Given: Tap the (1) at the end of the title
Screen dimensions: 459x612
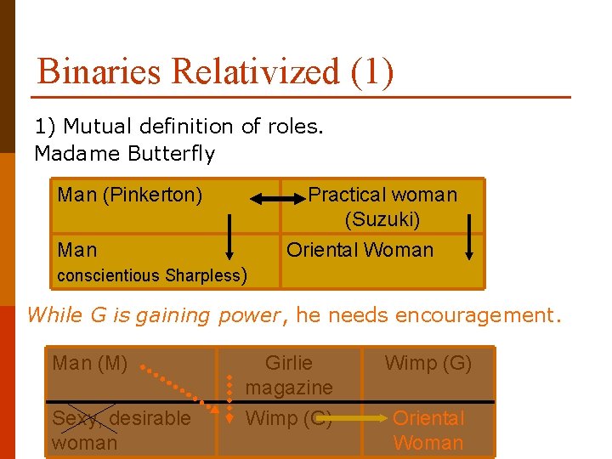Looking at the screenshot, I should tap(371, 71).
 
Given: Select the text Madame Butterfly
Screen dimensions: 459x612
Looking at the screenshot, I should tap(124, 154).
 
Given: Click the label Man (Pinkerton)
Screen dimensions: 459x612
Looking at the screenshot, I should tap(130, 195).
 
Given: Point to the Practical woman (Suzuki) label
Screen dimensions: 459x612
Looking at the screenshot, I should tap(382, 207).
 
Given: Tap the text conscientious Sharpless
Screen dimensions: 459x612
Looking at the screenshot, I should tap(150, 275).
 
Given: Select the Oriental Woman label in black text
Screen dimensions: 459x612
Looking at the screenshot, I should tap(360, 250).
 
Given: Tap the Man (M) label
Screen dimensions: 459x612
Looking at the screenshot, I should tap(89, 364).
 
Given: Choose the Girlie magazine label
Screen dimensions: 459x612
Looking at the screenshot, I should tap(289, 375).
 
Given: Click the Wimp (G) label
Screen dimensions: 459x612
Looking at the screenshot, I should tap(428, 364).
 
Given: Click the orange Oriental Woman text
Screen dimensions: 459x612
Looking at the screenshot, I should tap(428, 430).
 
